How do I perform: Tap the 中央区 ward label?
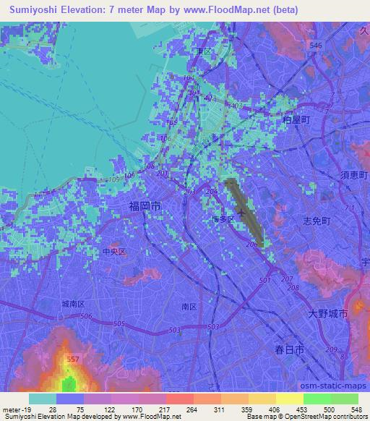point(113,252)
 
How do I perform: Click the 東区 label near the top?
point(203,51)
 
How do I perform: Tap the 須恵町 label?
point(353,176)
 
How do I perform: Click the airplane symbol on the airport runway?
point(240,213)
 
